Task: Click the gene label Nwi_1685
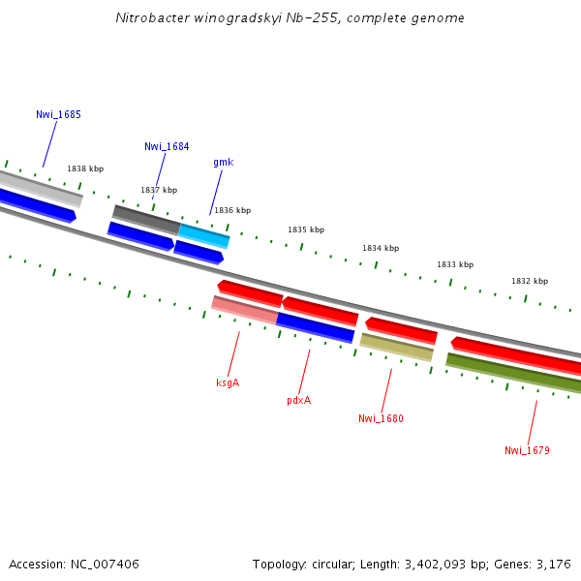(58, 114)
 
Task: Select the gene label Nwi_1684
(167, 147)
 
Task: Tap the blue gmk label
(223, 163)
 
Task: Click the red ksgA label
(228, 382)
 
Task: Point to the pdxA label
(298, 400)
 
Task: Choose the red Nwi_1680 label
(381, 419)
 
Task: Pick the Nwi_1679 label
(527, 450)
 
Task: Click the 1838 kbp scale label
(85, 168)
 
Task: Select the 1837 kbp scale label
(159, 190)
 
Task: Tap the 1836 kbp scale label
(232, 210)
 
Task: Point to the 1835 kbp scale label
(306, 229)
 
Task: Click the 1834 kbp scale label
(381, 248)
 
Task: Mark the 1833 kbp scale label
(455, 264)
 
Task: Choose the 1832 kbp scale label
(530, 281)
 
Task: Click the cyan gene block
(204, 235)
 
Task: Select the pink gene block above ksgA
(245, 309)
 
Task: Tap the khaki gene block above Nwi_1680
(396, 347)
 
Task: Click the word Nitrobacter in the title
(148, 17)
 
